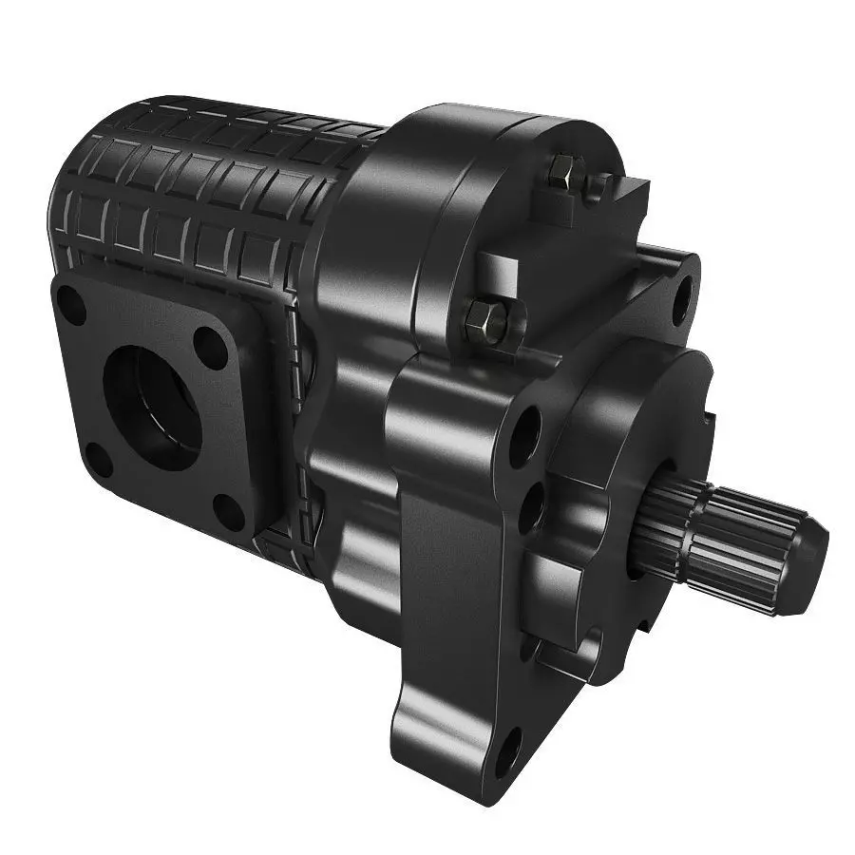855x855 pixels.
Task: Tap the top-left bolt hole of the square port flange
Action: pos(70,306)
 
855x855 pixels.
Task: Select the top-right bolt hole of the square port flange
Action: pos(212,348)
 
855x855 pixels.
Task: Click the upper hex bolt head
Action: pos(562,174)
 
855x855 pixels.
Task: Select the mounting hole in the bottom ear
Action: pos(507,750)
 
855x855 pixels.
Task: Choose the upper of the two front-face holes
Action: pos(524,438)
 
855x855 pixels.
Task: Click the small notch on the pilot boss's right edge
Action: pos(711,415)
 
